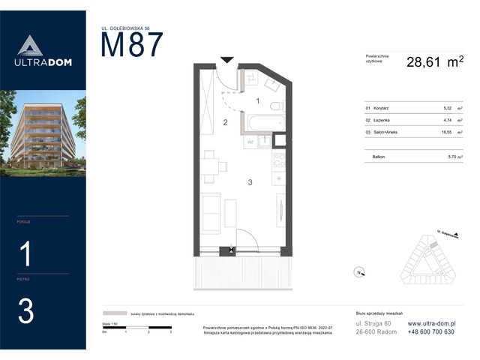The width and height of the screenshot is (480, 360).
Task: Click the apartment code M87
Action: click(131, 46)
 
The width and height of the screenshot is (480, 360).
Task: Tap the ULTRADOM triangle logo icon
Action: click(26, 46)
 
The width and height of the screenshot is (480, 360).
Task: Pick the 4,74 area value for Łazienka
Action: click(448, 119)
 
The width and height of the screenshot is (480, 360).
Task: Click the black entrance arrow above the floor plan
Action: click(226, 59)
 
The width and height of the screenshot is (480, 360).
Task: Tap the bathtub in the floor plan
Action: click(262, 122)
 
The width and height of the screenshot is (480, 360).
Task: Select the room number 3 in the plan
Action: click(250, 181)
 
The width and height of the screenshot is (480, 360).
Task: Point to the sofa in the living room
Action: click(212, 211)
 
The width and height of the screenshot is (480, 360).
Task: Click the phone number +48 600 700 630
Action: click(431, 331)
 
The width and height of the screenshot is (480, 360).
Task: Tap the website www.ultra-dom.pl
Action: click(431, 322)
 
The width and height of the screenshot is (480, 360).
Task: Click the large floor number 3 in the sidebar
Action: click(26, 311)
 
